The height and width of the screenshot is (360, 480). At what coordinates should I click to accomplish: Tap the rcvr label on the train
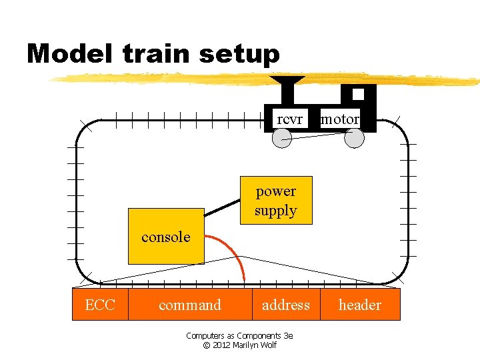(x=289, y=119)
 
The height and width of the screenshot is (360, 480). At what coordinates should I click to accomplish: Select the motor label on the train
(x=340, y=119)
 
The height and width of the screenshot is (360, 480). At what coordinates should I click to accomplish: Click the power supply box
(x=275, y=200)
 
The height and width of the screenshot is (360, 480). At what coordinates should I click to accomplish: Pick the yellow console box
(x=166, y=237)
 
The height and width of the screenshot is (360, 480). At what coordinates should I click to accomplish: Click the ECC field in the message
(x=100, y=305)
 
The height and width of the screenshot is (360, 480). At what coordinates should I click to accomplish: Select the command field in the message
(x=190, y=305)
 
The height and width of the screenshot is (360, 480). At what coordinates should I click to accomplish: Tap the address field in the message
(x=286, y=305)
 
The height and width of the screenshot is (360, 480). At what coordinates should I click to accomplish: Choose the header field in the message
(x=360, y=305)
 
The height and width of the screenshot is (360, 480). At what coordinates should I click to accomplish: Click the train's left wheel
(x=283, y=138)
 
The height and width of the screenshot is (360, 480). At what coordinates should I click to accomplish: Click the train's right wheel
(x=354, y=138)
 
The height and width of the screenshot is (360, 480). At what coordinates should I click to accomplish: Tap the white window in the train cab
(x=359, y=94)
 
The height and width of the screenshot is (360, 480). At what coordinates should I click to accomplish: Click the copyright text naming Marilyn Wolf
(x=239, y=345)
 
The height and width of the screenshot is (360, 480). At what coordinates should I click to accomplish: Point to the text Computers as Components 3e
(x=239, y=335)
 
